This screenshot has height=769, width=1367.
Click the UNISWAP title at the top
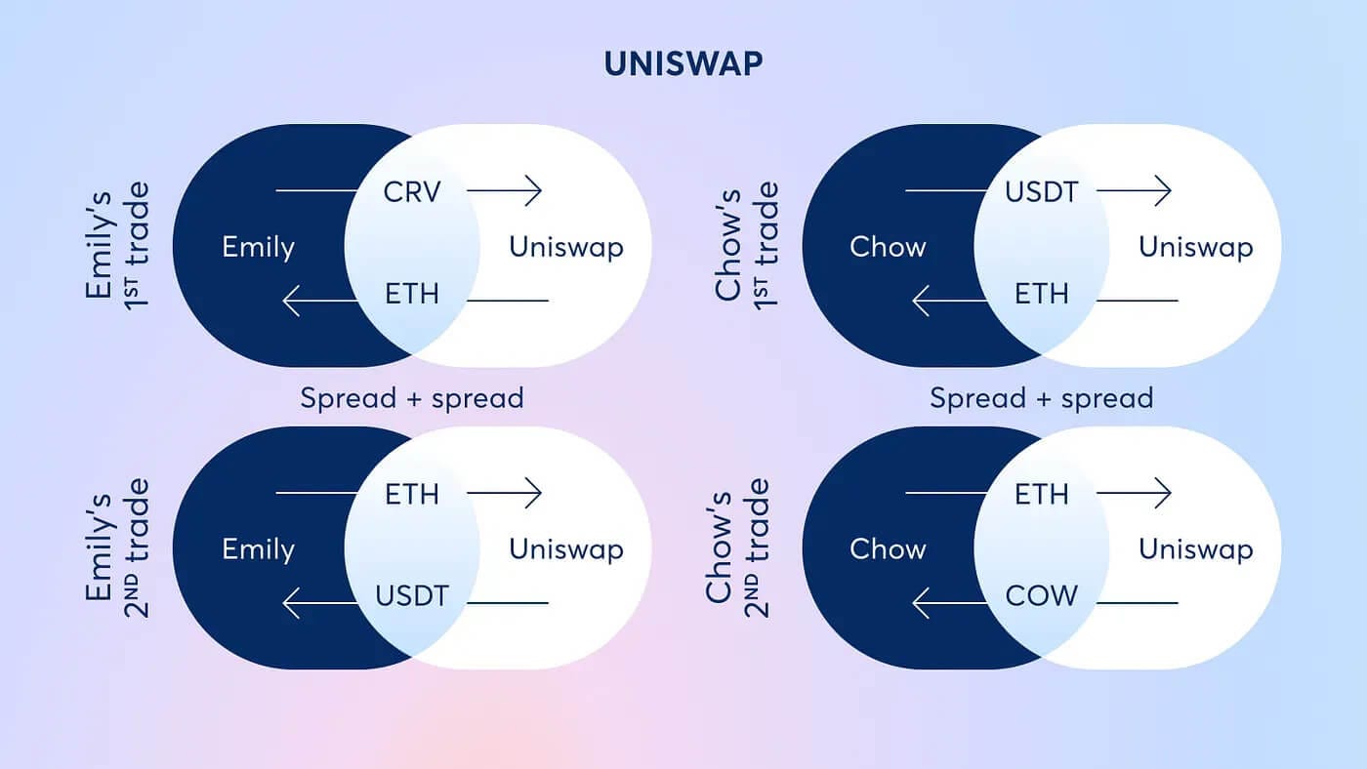683,63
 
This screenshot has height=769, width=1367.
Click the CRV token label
412,192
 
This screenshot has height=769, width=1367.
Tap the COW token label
1042,596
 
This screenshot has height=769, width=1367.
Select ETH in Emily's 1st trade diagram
412,294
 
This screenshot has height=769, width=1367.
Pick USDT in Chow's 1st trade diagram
1042,192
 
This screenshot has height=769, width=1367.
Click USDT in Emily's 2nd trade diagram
412,596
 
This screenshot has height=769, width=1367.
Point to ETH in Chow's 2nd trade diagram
1042,494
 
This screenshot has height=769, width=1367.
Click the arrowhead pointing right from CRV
533,191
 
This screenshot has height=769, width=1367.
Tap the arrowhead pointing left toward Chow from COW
921,603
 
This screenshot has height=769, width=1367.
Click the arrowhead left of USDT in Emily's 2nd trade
292,603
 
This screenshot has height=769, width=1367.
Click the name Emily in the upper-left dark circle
258,248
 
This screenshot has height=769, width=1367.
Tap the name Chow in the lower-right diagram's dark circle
888,549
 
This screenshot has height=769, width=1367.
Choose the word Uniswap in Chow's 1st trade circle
1196,248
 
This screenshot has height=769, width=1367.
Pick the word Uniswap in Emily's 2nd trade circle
566,549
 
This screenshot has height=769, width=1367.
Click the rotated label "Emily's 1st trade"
116,246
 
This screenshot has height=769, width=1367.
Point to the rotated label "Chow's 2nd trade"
737,547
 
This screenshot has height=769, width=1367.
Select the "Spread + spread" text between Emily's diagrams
412,398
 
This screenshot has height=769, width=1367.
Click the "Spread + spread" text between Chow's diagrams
1042,398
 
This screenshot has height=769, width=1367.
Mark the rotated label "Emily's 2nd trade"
116,547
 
